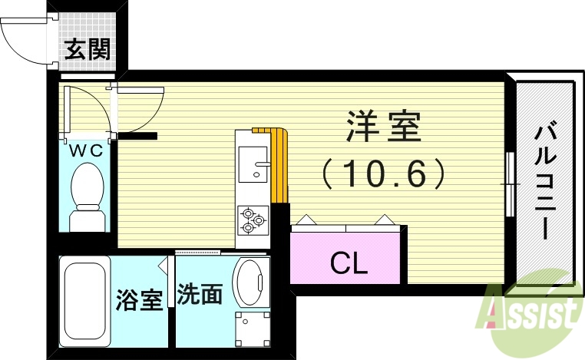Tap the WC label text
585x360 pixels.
coord(87,151)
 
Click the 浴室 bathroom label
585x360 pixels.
coord(140,299)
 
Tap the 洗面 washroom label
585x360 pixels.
coord(200,296)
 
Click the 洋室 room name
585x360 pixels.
coord(384,127)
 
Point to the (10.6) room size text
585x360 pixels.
coord(384,174)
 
